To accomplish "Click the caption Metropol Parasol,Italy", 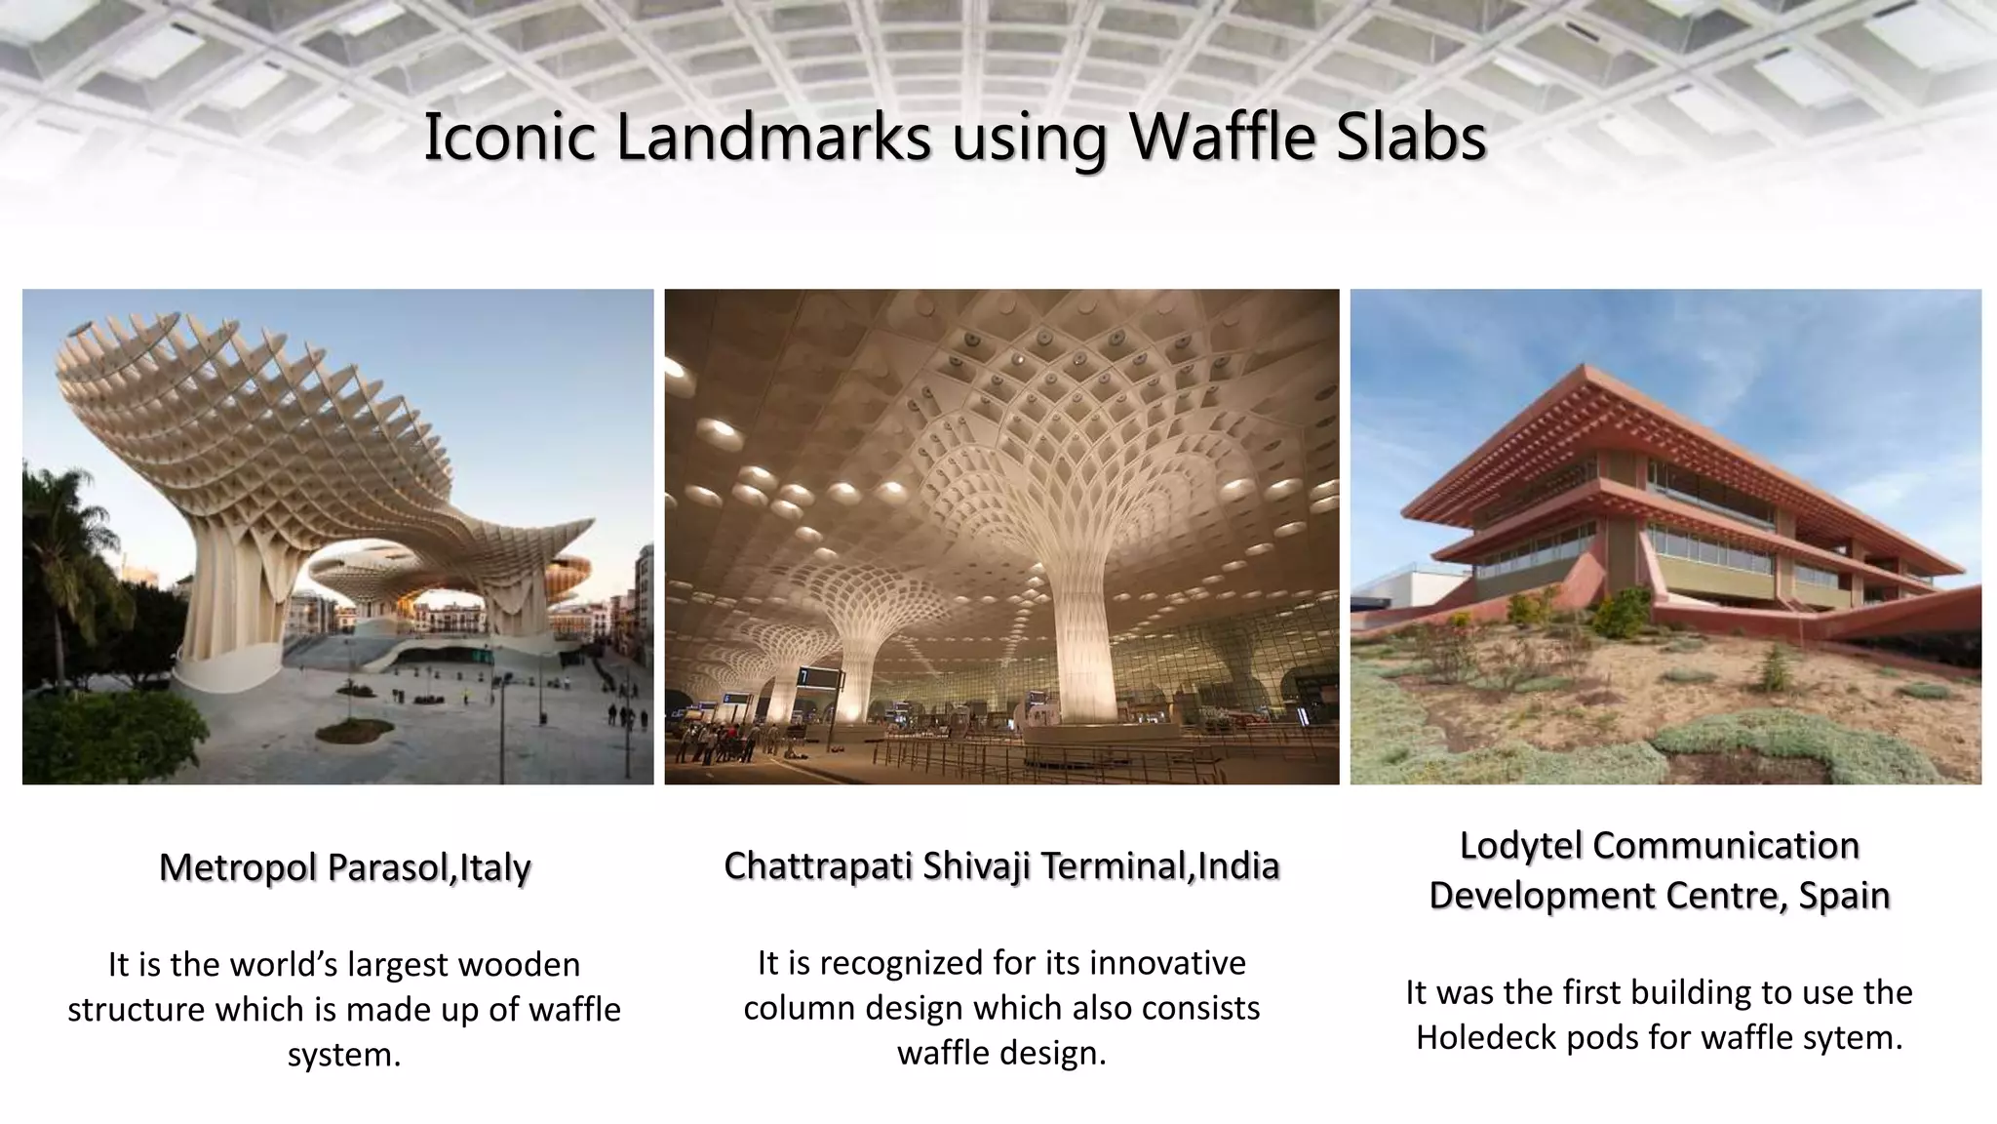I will point(344,867).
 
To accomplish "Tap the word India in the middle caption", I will point(1238,865).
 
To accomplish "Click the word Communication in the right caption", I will point(1725,845).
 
